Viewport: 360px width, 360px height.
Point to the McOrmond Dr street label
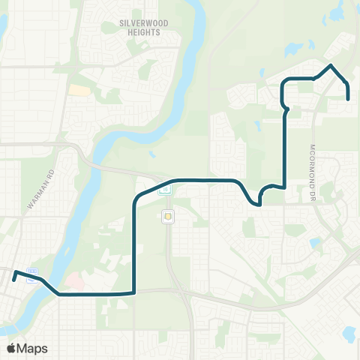click(314, 173)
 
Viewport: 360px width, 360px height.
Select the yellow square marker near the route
click(168, 217)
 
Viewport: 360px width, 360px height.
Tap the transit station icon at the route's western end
click(30, 275)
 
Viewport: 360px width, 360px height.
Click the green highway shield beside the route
click(166, 190)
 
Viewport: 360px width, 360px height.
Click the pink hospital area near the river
click(75, 282)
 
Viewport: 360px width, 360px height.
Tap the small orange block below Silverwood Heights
click(76, 90)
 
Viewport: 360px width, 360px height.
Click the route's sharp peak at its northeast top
click(330, 66)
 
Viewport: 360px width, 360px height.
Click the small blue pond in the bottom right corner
click(346, 332)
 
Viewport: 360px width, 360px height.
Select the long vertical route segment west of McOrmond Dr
click(285, 150)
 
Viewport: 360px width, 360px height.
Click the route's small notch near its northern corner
click(285, 111)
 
